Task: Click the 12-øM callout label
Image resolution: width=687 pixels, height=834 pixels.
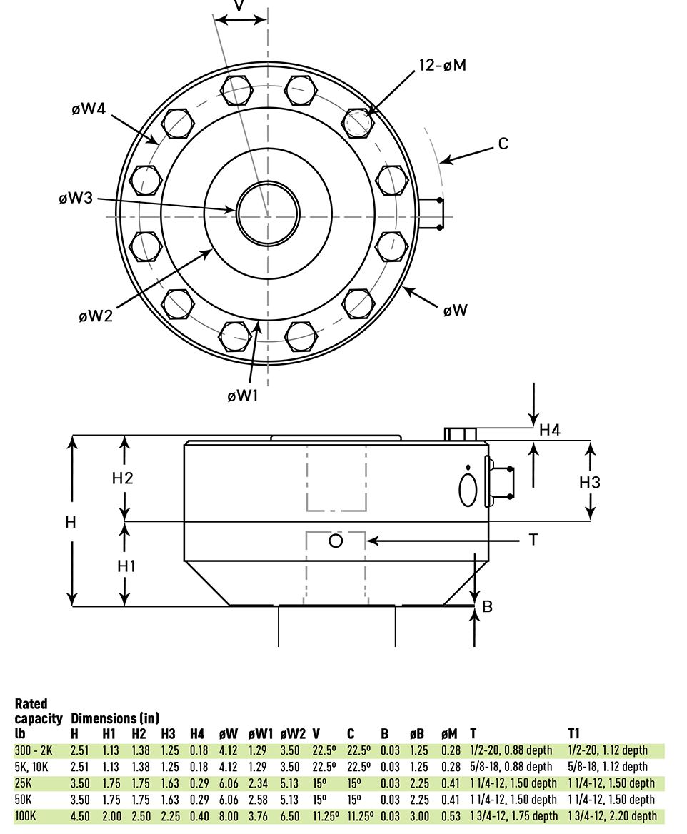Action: (x=442, y=65)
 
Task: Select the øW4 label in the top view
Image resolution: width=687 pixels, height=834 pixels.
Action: (x=89, y=109)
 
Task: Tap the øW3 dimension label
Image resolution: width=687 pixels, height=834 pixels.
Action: (x=76, y=198)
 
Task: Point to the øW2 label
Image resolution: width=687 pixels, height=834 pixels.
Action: (x=96, y=316)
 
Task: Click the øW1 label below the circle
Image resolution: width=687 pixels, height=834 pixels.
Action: (x=242, y=396)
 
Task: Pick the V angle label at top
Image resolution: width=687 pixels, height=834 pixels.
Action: (x=239, y=6)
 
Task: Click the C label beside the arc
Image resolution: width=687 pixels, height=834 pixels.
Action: (x=503, y=144)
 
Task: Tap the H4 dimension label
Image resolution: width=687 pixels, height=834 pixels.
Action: (x=549, y=430)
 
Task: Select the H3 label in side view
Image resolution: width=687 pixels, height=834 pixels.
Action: (x=589, y=482)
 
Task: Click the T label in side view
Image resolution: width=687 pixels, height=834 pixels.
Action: (x=533, y=540)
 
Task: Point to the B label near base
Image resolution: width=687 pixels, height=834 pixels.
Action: (x=488, y=607)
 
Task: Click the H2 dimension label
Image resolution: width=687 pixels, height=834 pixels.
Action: (x=123, y=478)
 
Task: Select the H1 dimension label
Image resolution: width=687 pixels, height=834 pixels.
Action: (x=126, y=566)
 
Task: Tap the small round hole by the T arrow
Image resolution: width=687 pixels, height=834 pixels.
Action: (x=336, y=541)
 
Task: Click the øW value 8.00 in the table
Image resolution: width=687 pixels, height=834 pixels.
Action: (x=229, y=815)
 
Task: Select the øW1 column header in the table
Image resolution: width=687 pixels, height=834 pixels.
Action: (x=261, y=733)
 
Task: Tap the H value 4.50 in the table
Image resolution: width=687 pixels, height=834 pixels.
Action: (x=80, y=815)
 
